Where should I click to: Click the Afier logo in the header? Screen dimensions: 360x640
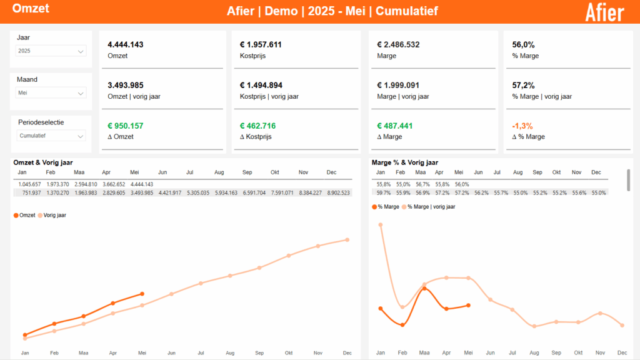coord(604,12)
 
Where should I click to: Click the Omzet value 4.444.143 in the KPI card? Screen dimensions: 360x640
coord(126,45)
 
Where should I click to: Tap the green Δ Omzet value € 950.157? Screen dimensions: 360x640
coord(126,126)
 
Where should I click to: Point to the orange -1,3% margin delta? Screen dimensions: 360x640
coord(522,126)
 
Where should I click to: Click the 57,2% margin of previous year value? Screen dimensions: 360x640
coord(523,85)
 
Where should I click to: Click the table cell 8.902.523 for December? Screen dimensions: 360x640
coord(338,193)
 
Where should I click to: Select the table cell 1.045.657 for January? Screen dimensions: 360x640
coord(29,184)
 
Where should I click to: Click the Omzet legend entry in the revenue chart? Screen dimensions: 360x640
coord(24,215)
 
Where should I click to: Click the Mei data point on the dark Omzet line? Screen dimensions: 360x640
coord(142,294)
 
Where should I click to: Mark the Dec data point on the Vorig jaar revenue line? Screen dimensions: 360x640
coord(347,240)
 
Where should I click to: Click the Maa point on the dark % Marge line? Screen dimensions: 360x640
coord(424,288)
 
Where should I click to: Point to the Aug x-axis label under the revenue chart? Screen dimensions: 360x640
coord(230,353)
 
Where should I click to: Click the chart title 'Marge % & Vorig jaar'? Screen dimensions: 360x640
coord(404,162)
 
